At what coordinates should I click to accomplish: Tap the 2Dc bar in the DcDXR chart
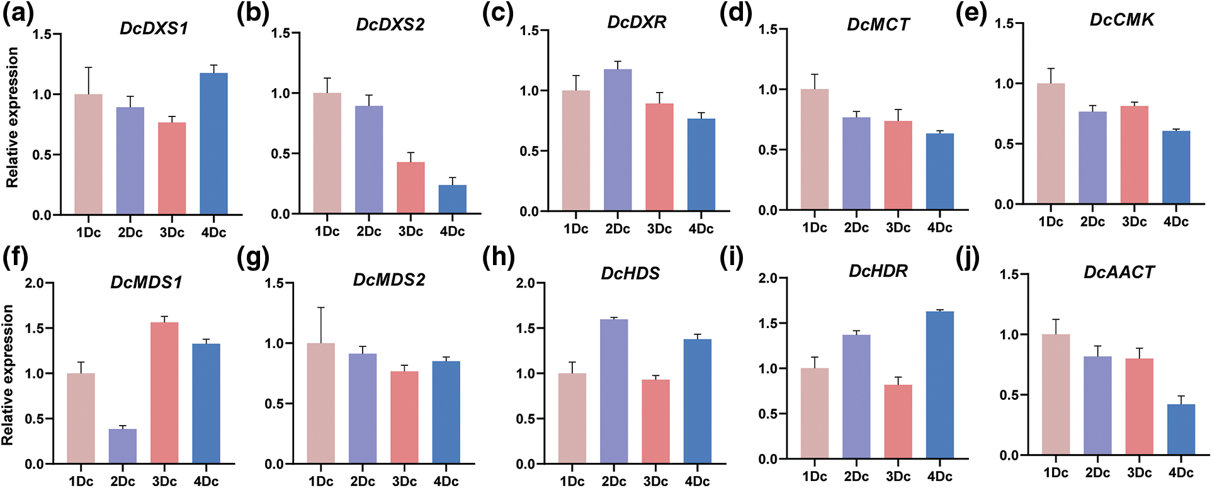click(x=618, y=140)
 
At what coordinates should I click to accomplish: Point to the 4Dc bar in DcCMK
click(x=1176, y=167)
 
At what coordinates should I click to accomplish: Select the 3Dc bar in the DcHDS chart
click(x=655, y=421)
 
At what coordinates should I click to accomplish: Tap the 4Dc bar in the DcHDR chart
click(x=940, y=385)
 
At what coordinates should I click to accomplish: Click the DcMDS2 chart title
click(x=389, y=280)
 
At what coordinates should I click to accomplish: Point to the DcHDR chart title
click(x=878, y=271)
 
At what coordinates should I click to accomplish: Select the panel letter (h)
click(x=498, y=257)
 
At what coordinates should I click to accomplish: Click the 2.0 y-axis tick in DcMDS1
click(x=35, y=283)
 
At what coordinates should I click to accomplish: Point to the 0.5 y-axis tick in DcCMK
click(x=1005, y=144)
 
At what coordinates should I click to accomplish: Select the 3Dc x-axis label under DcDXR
click(x=659, y=229)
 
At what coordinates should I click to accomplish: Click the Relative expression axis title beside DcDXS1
click(x=12, y=118)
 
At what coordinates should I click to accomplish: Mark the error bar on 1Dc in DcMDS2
click(x=321, y=325)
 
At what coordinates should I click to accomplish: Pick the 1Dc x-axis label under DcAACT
click(x=1056, y=473)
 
